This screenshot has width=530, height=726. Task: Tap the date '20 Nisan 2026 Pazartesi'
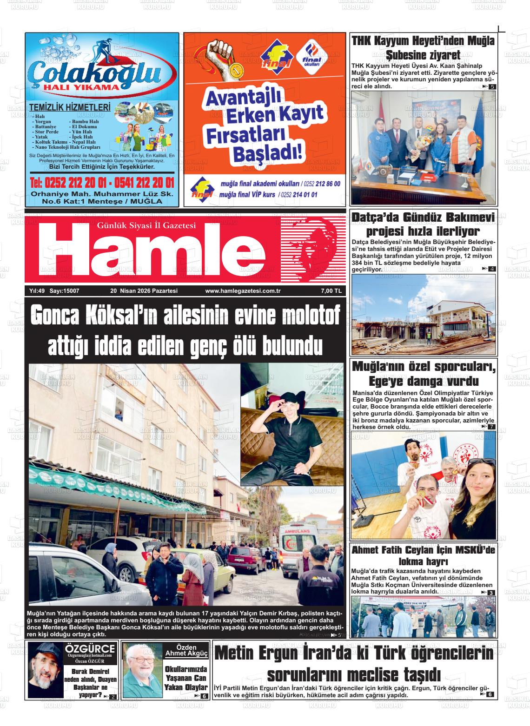point(144,291)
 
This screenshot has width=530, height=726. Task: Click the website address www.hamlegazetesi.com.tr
point(239,291)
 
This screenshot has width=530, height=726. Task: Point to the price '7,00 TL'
point(331,291)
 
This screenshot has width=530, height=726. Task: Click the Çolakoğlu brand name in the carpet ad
point(95,73)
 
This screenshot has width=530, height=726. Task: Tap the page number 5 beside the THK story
point(492,87)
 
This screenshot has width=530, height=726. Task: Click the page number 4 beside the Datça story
point(492,269)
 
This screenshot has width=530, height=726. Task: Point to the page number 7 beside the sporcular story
point(492,427)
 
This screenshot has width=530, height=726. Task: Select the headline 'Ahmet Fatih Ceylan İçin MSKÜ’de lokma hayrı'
point(423,555)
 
